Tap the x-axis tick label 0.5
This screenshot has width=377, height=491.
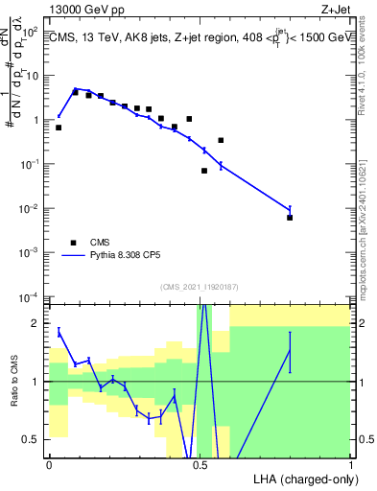click(x=200, y=463)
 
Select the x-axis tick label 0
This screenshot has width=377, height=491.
click(x=49, y=463)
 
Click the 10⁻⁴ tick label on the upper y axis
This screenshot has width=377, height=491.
click(x=31, y=295)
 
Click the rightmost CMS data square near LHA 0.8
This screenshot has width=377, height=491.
click(x=290, y=218)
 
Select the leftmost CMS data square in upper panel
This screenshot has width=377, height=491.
click(x=59, y=128)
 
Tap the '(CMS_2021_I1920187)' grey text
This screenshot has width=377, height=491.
click(x=199, y=286)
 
